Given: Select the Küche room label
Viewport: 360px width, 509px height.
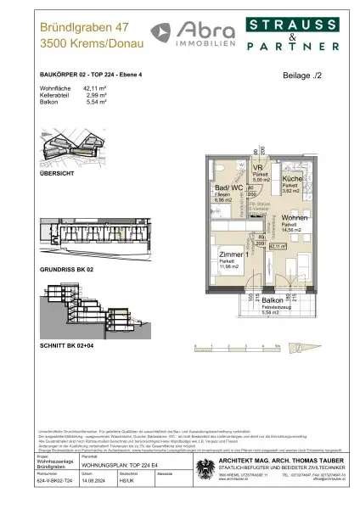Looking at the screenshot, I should [x=293, y=180].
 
